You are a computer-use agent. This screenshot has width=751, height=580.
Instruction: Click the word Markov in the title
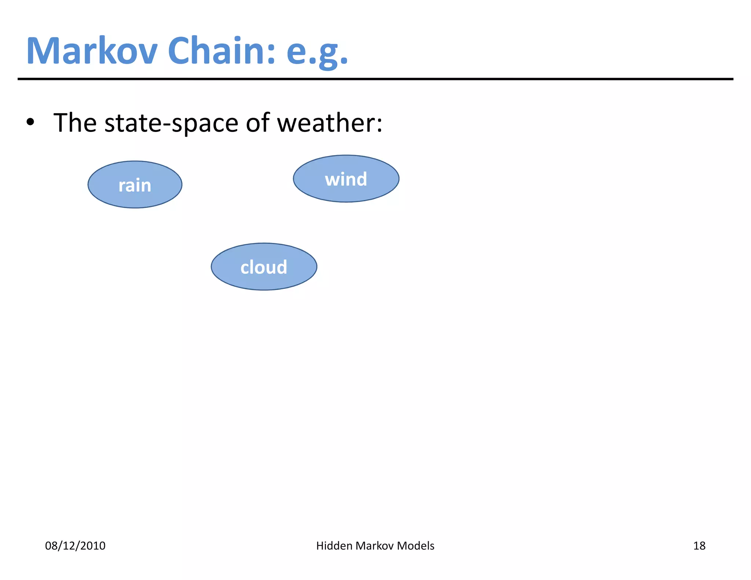click(x=92, y=51)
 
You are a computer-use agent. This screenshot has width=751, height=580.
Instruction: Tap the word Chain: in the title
click(x=221, y=51)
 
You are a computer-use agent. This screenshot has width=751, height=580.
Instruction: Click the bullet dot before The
click(x=30, y=122)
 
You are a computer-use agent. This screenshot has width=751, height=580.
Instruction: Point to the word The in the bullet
click(x=75, y=122)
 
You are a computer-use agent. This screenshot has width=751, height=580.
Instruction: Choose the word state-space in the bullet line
click(x=171, y=123)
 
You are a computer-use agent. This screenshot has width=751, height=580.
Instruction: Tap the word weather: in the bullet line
click(x=329, y=122)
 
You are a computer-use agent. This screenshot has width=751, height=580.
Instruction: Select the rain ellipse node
click(x=135, y=185)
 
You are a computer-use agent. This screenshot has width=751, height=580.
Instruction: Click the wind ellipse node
click(x=346, y=179)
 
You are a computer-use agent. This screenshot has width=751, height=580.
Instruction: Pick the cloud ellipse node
click(x=264, y=267)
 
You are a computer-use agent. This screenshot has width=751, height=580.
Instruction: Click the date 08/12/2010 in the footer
click(x=75, y=546)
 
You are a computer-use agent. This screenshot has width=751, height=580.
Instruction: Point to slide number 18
click(x=699, y=546)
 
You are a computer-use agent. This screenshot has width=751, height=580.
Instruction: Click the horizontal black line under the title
click(x=375, y=79)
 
